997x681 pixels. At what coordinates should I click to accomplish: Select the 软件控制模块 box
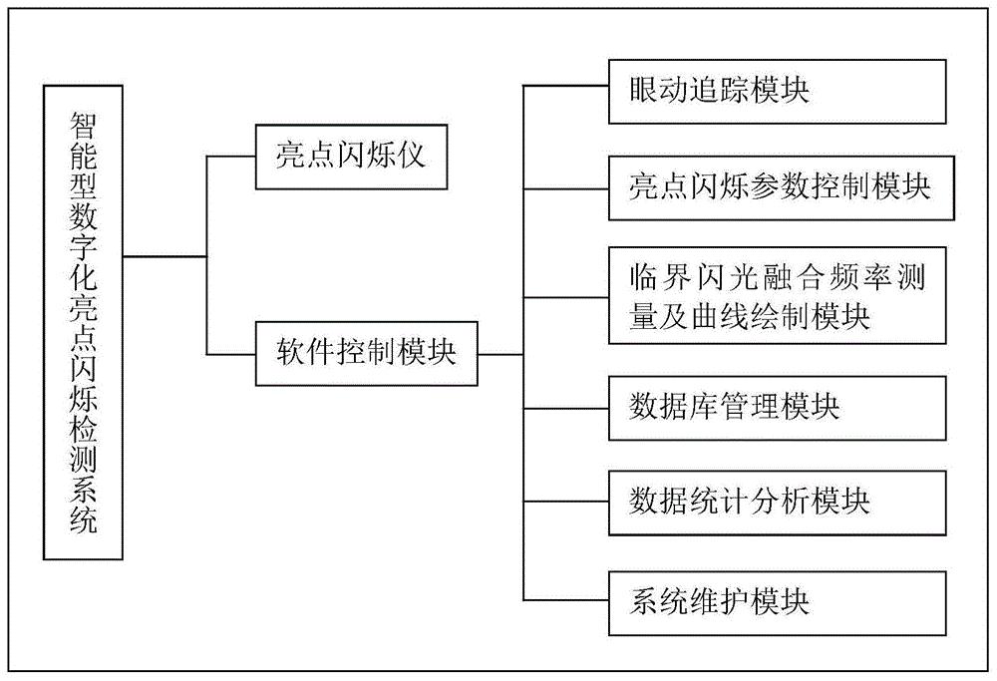point(365,353)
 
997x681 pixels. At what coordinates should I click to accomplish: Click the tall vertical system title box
point(84,321)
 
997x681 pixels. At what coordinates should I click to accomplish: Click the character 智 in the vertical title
point(84,123)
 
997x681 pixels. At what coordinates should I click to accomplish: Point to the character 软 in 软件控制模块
point(292,354)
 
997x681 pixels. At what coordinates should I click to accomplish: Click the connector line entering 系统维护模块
point(565,598)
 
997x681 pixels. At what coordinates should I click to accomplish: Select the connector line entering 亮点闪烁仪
point(231,157)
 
